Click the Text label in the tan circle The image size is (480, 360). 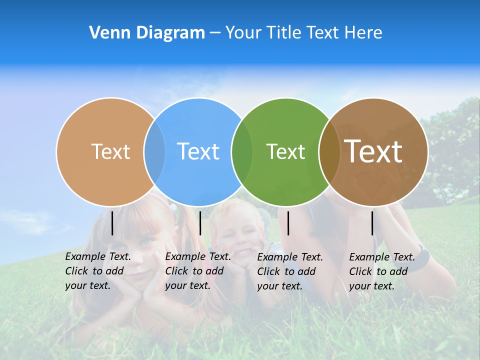(110, 151)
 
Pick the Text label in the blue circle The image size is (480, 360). (198, 151)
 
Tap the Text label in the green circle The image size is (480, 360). (285, 151)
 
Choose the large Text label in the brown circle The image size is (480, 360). (373, 151)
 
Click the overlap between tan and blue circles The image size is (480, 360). (154, 151)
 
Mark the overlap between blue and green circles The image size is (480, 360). (242, 151)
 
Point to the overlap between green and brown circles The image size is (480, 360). (329, 151)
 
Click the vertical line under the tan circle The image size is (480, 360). (112, 223)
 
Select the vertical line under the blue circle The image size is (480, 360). (200, 223)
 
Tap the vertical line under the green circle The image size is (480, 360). (288, 223)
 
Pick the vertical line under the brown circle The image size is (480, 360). (372, 223)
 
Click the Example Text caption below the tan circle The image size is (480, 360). (98, 271)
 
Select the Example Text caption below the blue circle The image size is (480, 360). (198, 271)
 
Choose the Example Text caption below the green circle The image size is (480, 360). (290, 271)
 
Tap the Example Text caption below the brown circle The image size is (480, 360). (382, 271)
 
